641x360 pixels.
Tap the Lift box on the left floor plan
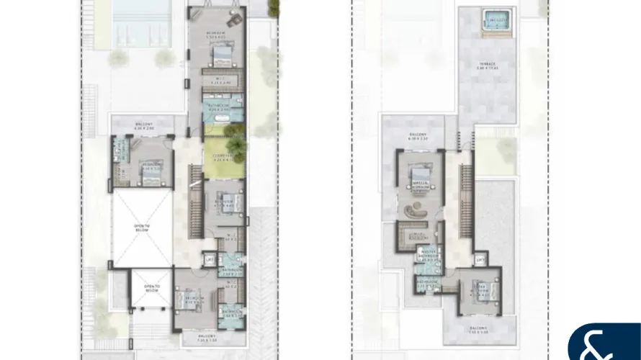210,258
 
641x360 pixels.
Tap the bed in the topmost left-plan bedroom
222,54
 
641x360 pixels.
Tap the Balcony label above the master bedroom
419,138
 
